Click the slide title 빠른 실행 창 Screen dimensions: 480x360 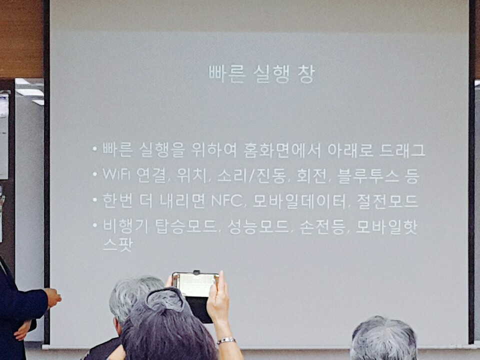coord(261,74)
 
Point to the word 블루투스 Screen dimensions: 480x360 coord(368,176)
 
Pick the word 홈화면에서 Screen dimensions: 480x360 coord(282,150)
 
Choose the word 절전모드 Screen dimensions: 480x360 coord(387,201)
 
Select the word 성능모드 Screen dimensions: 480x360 coord(258,227)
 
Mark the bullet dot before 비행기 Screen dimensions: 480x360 coord(95,225)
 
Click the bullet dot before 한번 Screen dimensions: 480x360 coord(95,200)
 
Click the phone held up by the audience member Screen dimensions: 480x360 coord(196,296)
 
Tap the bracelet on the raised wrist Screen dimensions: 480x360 coord(226,340)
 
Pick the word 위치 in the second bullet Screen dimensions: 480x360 coord(192,176)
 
